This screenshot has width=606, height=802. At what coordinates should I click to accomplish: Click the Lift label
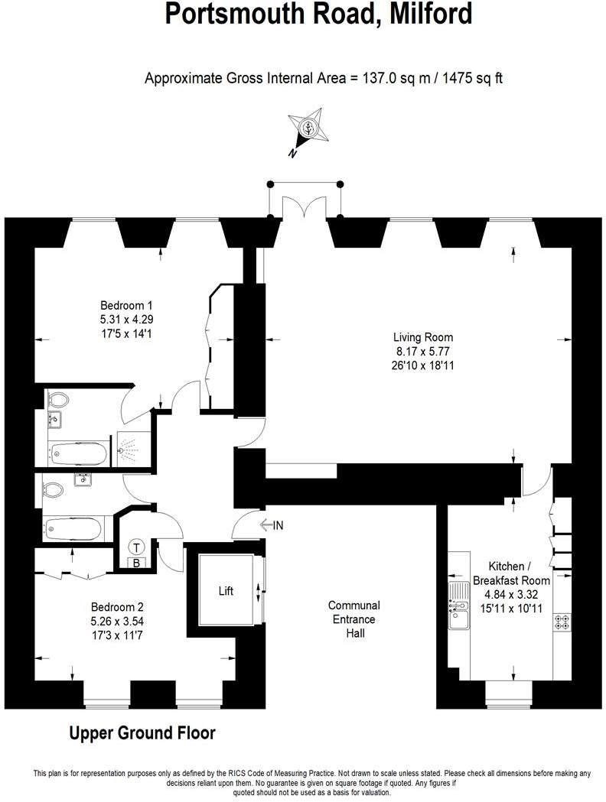pyautogui.click(x=226, y=591)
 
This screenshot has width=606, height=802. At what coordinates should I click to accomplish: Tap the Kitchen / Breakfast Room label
pyautogui.click(x=509, y=573)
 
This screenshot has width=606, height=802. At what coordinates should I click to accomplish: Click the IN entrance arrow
pyautogui.click(x=272, y=525)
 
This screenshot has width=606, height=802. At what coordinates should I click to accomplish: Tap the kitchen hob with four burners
pyautogui.click(x=560, y=623)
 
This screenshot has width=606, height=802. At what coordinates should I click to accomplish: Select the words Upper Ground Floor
pyautogui.click(x=142, y=733)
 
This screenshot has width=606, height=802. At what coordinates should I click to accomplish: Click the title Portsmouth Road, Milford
pyautogui.click(x=318, y=14)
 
